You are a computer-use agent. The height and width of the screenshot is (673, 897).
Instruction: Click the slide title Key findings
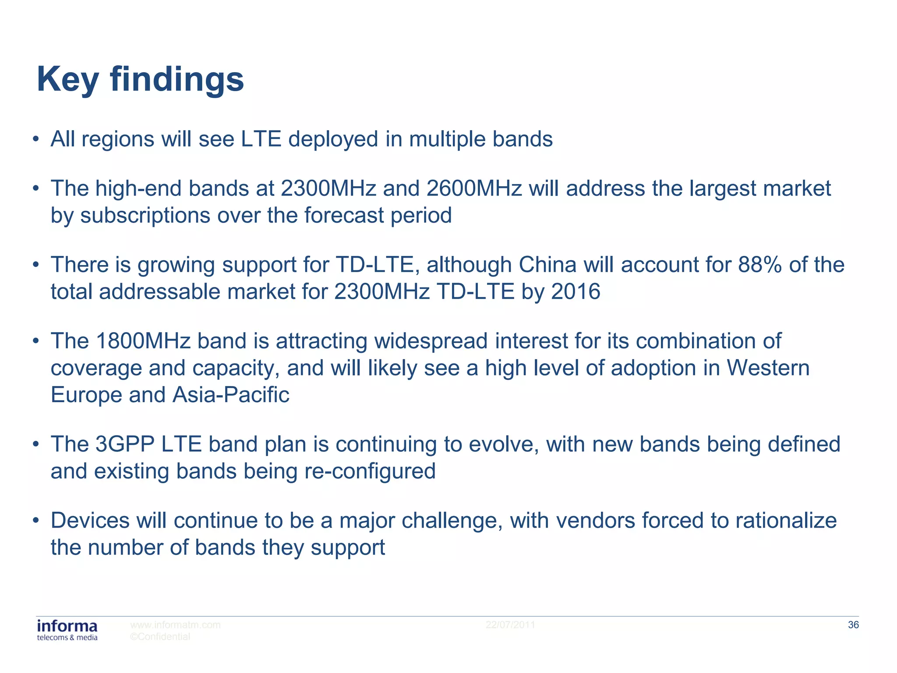tap(140, 80)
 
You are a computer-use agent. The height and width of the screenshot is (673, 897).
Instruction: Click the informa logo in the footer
tap(67, 630)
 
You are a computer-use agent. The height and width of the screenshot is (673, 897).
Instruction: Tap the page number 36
tap(853, 625)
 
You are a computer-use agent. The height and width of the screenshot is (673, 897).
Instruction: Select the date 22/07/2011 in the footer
tap(510, 625)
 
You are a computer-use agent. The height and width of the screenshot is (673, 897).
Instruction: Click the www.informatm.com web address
tap(175, 625)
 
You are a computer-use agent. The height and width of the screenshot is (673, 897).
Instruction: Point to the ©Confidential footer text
tap(160, 637)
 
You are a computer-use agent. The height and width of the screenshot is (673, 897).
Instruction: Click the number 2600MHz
tap(474, 188)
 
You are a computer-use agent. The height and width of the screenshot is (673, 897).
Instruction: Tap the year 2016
tap(576, 292)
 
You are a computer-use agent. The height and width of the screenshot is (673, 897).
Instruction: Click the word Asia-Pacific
tap(231, 395)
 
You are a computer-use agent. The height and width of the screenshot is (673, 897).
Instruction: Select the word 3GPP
tap(124, 444)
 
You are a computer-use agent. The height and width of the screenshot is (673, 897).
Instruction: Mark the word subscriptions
tap(145, 216)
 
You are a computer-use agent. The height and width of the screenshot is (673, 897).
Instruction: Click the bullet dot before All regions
tap(36, 140)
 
